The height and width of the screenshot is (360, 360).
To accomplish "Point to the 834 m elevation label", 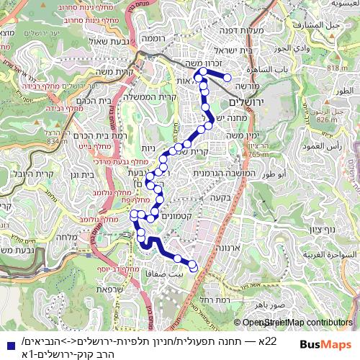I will tap(54, 141).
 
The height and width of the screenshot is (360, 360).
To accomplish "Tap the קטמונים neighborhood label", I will tap(176, 216).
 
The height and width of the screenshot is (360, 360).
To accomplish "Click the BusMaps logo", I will tap(320, 344).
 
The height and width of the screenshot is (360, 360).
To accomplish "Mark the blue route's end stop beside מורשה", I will tap(228, 77).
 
